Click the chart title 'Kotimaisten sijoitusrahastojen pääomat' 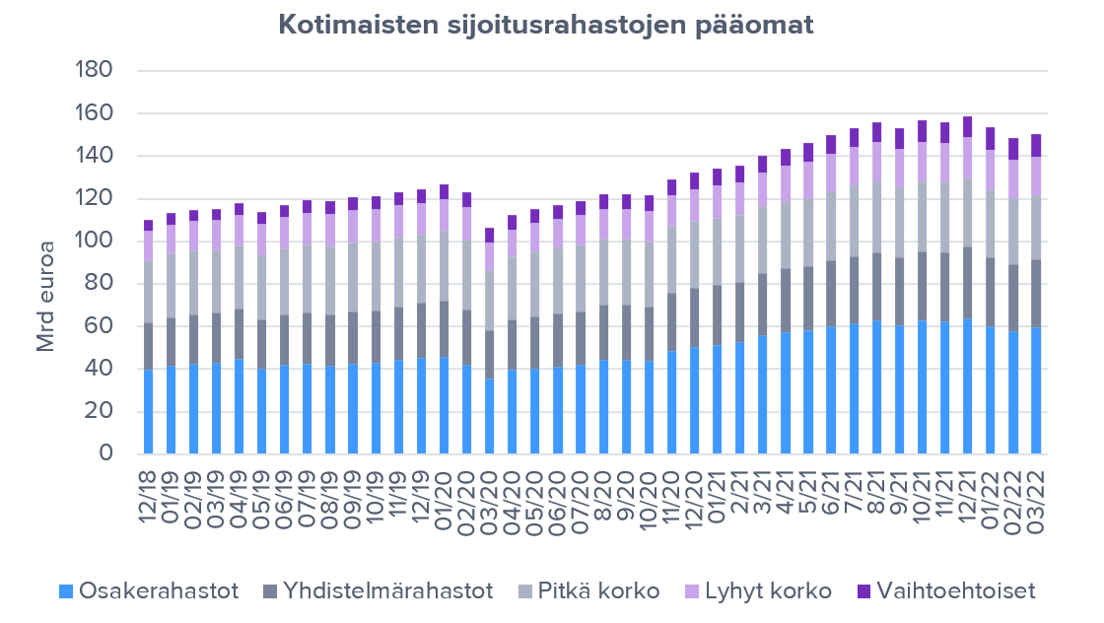546,25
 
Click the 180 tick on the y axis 95,71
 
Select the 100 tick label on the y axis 95,242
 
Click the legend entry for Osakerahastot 149,591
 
